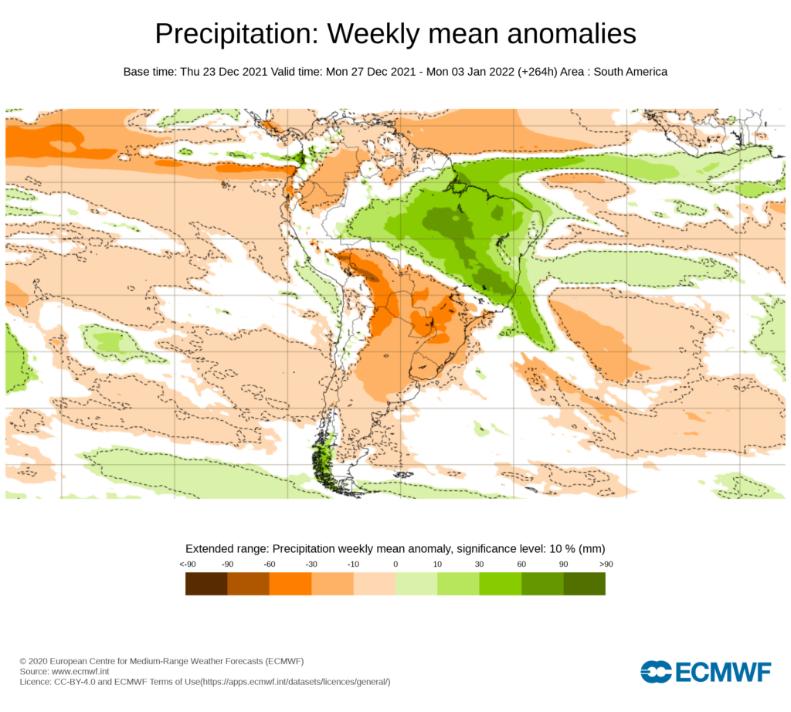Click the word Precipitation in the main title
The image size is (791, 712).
pos(236,34)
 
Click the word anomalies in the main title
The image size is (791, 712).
pos(555,34)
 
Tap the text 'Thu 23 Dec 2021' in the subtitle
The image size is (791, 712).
pos(224,72)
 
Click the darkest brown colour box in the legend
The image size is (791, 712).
pos(206,584)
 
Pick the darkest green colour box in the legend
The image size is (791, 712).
pos(584,584)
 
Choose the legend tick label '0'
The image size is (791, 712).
pos(395,565)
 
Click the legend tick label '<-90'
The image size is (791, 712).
pos(187,565)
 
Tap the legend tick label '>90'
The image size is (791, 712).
pos(605,565)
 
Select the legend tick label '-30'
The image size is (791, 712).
pos(311,565)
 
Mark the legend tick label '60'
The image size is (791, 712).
pos(521,565)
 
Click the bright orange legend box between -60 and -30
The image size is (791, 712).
pos(290,584)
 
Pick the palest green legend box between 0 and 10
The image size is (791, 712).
pos(416,584)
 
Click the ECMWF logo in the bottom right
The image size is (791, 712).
pos(705,672)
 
